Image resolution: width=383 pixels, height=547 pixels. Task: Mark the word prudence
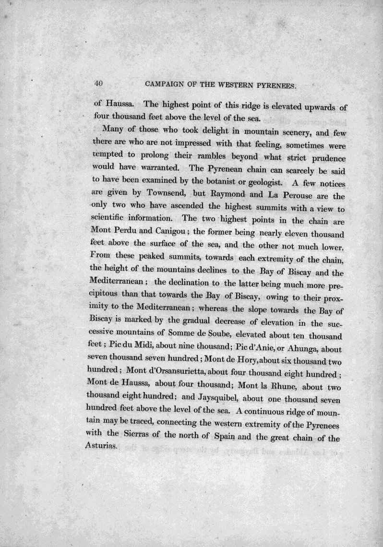[x=321, y=160]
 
